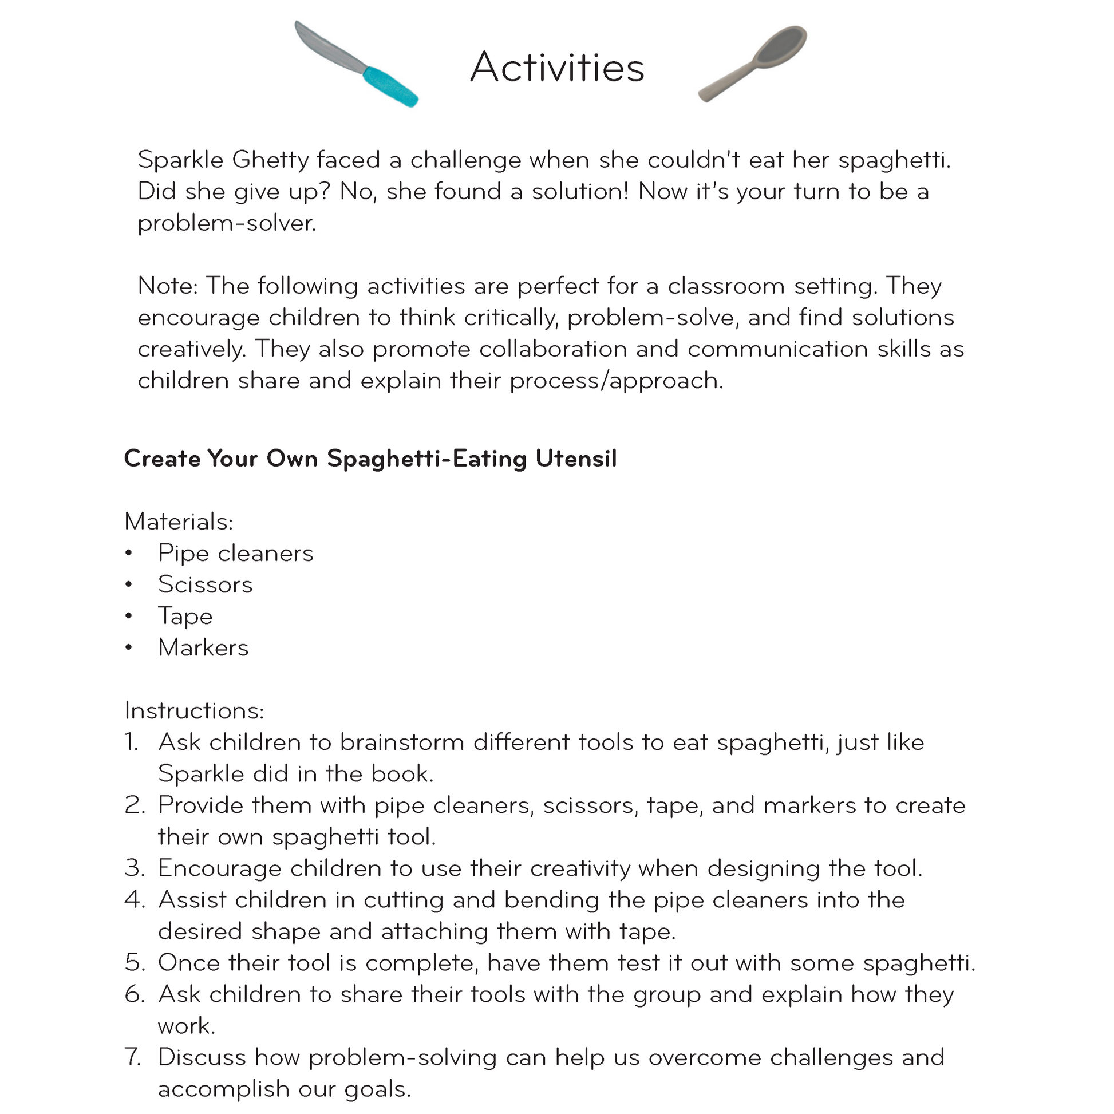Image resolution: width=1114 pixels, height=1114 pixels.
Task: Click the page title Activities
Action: pyautogui.click(x=557, y=68)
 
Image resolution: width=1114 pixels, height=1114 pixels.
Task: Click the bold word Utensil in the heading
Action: pyautogui.click(x=576, y=459)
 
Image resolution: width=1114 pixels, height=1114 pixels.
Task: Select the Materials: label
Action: pyautogui.click(x=179, y=522)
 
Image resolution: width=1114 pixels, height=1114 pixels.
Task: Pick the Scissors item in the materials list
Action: pyautogui.click(x=206, y=584)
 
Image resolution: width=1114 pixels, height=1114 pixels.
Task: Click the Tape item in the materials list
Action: pyautogui.click(x=185, y=617)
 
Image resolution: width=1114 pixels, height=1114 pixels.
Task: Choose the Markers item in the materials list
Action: pyautogui.click(x=203, y=648)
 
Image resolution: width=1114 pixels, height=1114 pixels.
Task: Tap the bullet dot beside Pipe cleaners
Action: pyautogui.click(x=129, y=554)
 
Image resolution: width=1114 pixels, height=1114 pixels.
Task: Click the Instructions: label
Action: pyautogui.click(x=194, y=711)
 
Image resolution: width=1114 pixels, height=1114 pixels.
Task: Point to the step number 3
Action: pyautogui.click(x=134, y=869)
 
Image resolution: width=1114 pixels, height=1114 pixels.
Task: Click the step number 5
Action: pyautogui.click(x=134, y=963)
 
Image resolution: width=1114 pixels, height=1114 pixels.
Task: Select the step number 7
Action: pyautogui.click(x=133, y=1058)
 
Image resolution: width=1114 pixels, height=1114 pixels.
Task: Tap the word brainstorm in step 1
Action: pyautogui.click(x=402, y=742)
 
